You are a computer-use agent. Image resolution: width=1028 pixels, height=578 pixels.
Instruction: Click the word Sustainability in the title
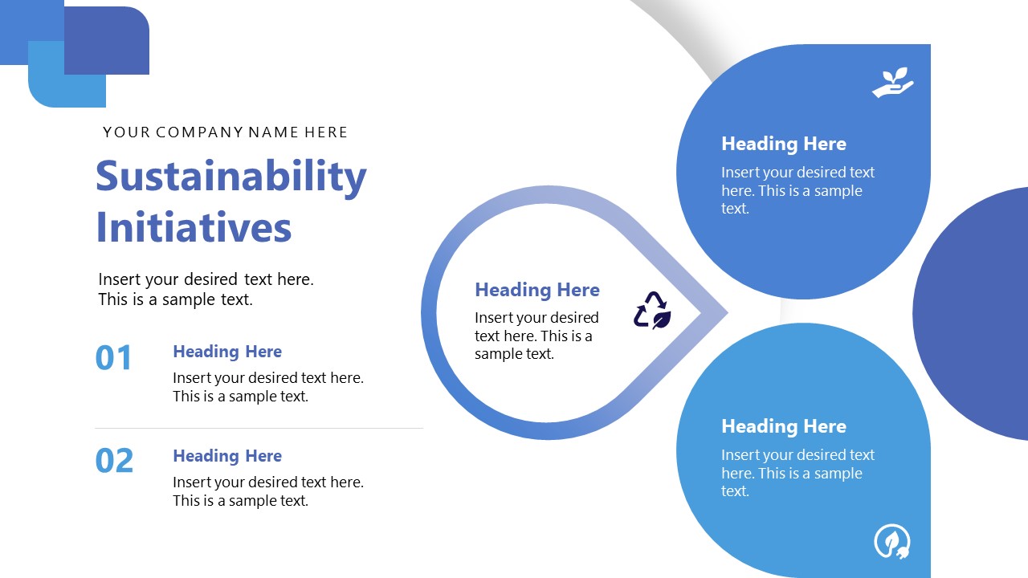pyautogui.click(x=231, y=177)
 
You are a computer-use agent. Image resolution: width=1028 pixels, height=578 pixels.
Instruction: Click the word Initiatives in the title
pyautogui.click(x=194, y=227)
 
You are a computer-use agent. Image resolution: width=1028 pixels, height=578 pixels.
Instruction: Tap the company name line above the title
pyautogui.click(x=226, y=132)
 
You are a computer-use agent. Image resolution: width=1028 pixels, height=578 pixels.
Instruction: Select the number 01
pyautogui.click(x=114, y=358)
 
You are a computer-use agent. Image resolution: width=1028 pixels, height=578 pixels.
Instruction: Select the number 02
pyautogui.click(x=114, y=462)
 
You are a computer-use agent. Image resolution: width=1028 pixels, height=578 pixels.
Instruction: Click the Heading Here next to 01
pyautogui.click(x=227, y=352)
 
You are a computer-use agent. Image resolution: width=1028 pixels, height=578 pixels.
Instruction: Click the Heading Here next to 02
pyautogui.click(x=227, y=456)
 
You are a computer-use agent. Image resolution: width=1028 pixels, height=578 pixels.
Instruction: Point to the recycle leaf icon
pyautogui.click(x=652, y=311)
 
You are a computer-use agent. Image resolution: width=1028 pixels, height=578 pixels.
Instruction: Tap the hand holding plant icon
pyautogui.click(x=893, y=83)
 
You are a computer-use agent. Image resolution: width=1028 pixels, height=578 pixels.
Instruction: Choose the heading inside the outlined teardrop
pyautogui.click(x=537, y=290)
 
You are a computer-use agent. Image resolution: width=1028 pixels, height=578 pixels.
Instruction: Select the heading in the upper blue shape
pyautogui.click(x=784, y=144)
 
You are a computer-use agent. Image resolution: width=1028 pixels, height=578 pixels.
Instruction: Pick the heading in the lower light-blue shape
pyautogui.click(x=784, y=426)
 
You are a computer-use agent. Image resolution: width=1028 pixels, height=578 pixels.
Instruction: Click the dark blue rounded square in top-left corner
pyautogui.click(x=108, y=36)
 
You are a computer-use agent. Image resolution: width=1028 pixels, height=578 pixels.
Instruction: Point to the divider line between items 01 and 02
pyautogui.click(x=259, y=429)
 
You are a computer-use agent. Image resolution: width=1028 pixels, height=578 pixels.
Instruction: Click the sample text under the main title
pyautogui.click(x=206, y=290)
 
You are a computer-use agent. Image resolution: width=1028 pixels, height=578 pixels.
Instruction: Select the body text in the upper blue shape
pyautogui.click(x=798, y=190)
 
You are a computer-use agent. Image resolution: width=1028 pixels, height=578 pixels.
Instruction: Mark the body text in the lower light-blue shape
pyautogui.click(x=798, y=473)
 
